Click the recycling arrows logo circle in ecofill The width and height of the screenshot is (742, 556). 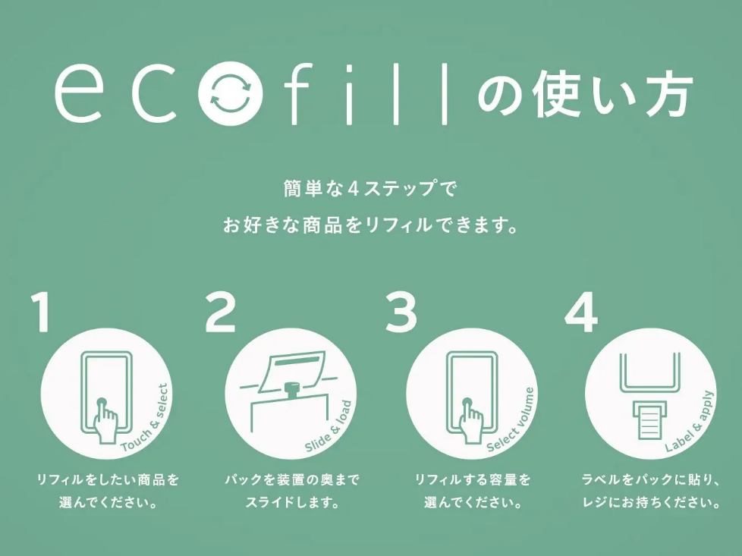pyautogui.click(x=231, y=93)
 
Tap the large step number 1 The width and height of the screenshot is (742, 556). pyautogui.click(x=41, y=313)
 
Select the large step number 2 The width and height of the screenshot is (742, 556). pyautogui.click(x=221, y=313)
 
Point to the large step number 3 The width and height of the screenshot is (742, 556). pyautogui.click(x=401, y=313)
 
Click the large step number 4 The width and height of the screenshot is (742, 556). pyautogui.click(x=581, y=313)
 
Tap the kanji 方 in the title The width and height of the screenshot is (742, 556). pyautogui.click(x=667, y=93)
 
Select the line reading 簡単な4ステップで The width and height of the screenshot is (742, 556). pyautogui.click(x=370, y=189)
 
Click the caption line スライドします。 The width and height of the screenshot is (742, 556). pyautogui.click(x=292, y=502)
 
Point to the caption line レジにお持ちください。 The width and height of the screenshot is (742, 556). pyautogui.click(x=652, y=502)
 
